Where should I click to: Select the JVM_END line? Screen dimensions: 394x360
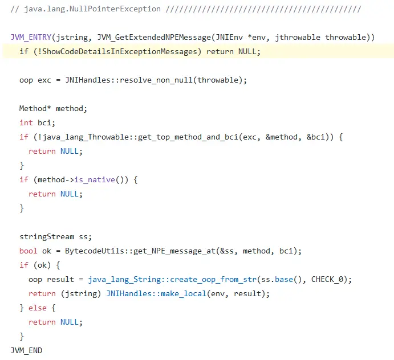(26, 350)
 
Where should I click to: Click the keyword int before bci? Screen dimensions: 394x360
(26, 122)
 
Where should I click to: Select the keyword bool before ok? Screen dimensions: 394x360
(29, 251)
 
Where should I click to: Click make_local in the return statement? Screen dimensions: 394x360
(185, 293)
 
